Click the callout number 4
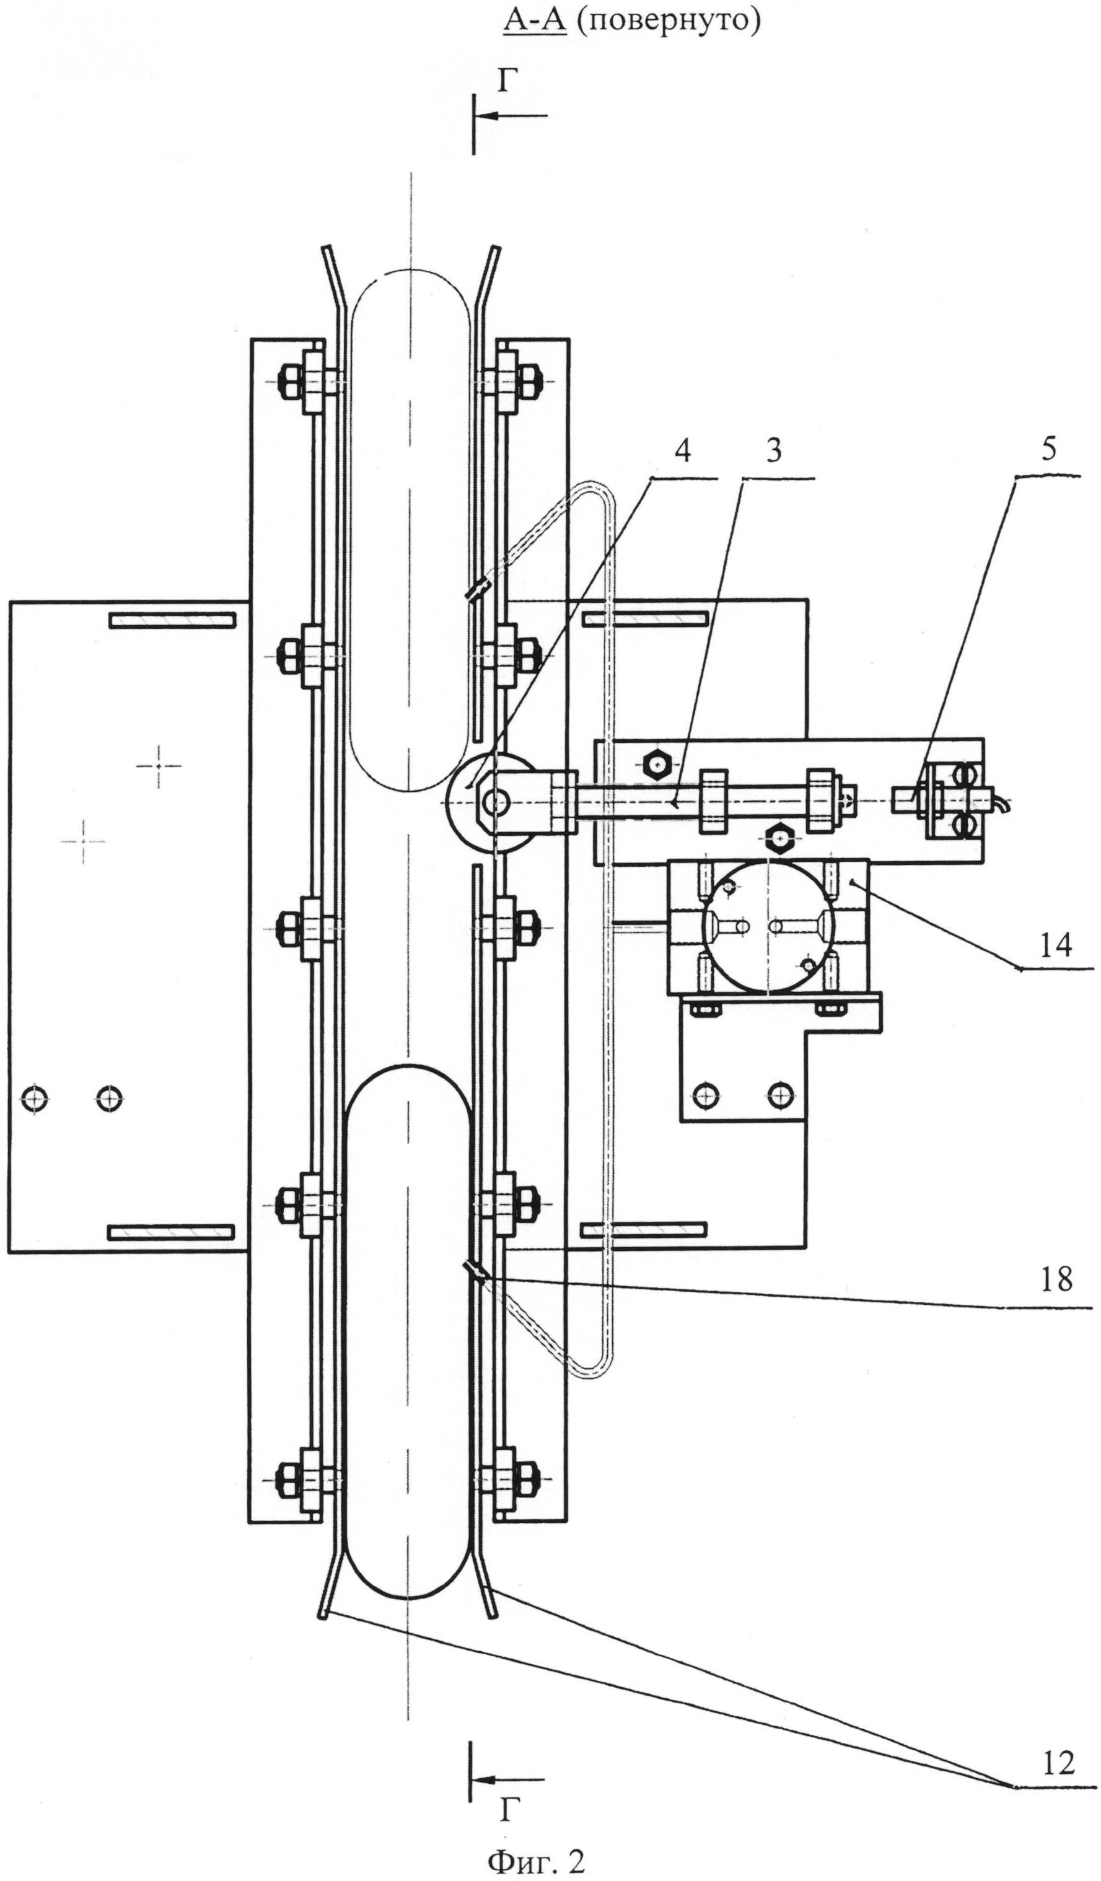682,452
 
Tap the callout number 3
774,452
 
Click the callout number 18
1055,1279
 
